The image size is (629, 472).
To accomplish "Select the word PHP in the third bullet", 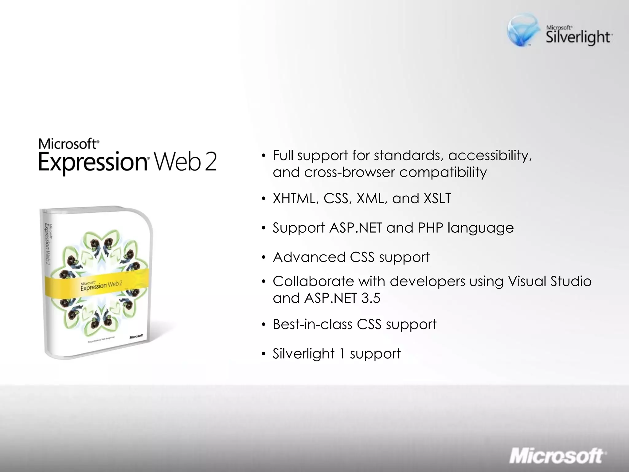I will click(430, 228).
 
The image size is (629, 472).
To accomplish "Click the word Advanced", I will click(309, 257).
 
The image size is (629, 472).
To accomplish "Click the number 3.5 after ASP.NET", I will click(371, 298).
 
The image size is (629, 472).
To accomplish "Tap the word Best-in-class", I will click(312, 324).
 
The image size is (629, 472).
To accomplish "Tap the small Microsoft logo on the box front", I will click(136, 336).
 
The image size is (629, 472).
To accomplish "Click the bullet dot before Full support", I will click(263, 156).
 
